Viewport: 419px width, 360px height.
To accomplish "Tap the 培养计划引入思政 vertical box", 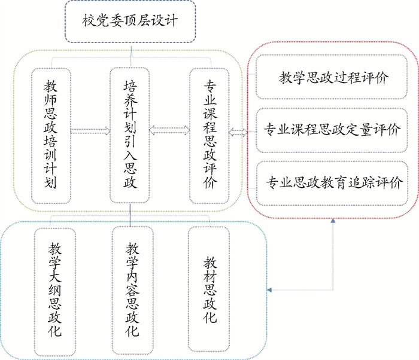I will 130,135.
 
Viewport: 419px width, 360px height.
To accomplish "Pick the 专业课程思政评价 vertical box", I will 209,135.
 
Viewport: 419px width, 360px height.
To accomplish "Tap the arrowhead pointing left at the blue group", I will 271,291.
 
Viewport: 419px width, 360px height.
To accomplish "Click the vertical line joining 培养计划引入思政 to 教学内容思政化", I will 130,215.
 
